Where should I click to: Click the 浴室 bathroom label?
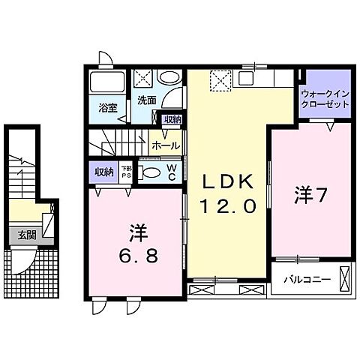pyautogui.click(x=108, y=107)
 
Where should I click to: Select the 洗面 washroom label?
pyautogui.click(x=145, y=99)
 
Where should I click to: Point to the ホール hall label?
pyautogui.click(x=165, y=145)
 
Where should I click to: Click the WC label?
pyautogui.click(x=172, y=172)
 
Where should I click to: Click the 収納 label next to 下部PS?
pyautogui.click(x=103, y=172)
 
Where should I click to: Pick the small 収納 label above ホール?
pyautogui.click(x=172, y=119)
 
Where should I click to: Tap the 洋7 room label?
pyautogui.click(x=309, y=195)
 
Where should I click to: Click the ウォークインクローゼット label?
pyautogui.click(x=325, y=99)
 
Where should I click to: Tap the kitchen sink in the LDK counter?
pyautogui.click(x=247, y=77)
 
